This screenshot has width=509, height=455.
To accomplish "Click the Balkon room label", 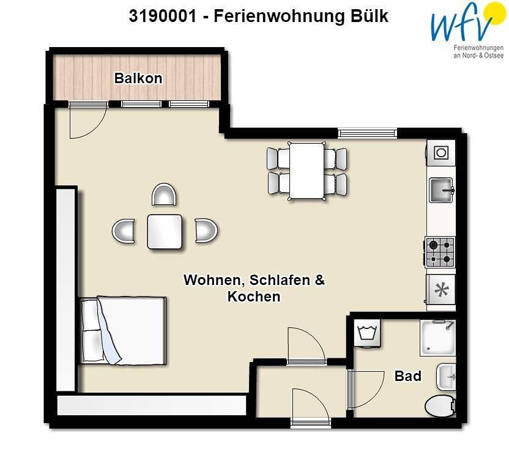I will click(138, 78).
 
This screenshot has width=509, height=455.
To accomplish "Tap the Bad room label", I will click(407, 375).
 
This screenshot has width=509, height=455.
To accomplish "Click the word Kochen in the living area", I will click(254, 297).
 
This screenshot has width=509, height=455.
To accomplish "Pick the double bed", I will click(122, 330).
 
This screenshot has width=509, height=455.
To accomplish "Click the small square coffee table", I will click(165, 232).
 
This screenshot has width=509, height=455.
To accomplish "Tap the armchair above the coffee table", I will click(165, 195).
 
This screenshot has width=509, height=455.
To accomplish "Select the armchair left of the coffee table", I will click(124, 231).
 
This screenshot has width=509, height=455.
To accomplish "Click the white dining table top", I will click(307, 171).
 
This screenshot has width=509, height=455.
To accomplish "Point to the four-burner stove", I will click(440, 252).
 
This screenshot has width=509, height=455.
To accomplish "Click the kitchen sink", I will click(440, 190).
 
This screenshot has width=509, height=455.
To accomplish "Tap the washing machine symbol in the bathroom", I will click(367, 334).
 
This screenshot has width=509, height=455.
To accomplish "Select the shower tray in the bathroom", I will click(437, 337).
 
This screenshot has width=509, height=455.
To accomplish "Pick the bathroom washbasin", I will click(447, 377).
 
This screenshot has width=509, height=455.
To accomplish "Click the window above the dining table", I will click(367, 132).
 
